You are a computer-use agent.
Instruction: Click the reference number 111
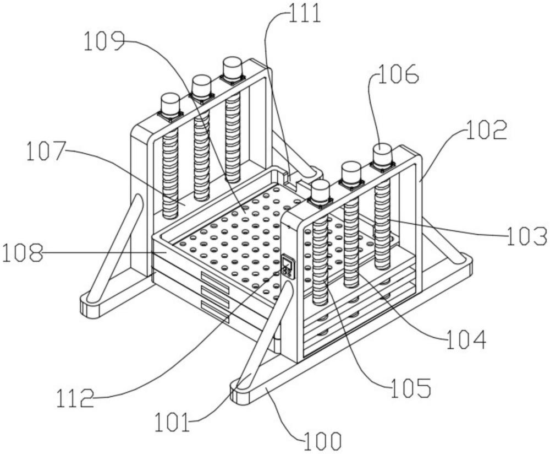pyautogui.click(x=304, y=13)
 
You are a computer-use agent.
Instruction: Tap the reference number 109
pyautogui.click(x=104, y=41)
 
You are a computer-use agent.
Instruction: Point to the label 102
pyautogui.click(x=487, y=130)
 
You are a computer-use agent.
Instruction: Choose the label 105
pyautogui.click(x=411, y=388)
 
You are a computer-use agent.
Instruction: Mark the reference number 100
pyautogui.click(x=322, y=441)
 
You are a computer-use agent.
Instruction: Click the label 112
pyautogui.click(x=75, y=398)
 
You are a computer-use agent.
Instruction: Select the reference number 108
pyautogui.click(x=23, y=252)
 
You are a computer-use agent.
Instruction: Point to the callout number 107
pyautogui.click(x=46, y=151)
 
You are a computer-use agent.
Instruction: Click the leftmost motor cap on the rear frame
pyautogui.click(x=170, y=104)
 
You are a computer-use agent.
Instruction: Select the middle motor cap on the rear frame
pyautogui.click(x=201, y=87)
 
